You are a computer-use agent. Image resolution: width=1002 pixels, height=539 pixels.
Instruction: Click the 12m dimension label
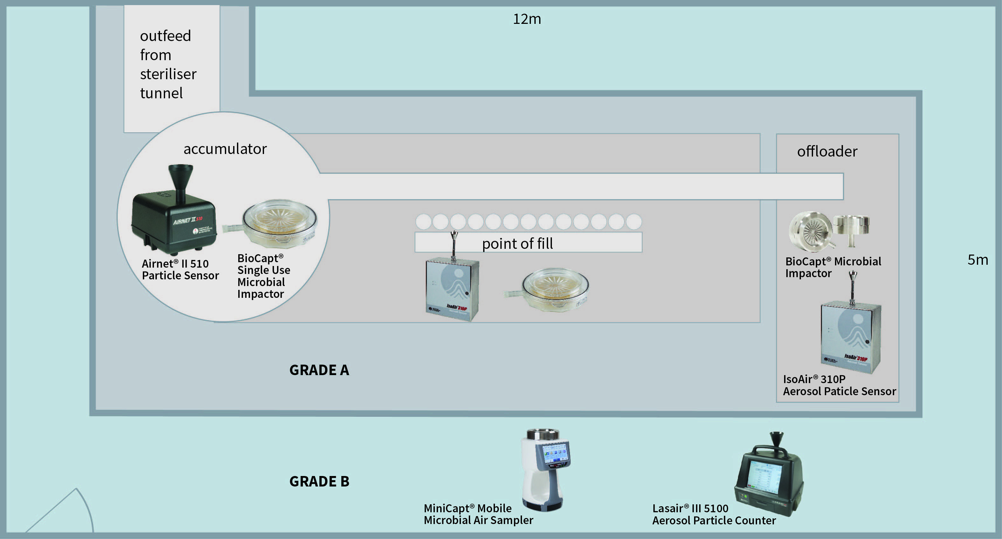tap(527, 19)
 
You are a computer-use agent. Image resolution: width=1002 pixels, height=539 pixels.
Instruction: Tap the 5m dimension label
tap(978, 260)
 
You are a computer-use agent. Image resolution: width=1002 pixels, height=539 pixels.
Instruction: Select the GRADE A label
tap(319, 370)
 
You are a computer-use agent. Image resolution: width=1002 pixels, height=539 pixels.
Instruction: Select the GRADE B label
tap(319, 481)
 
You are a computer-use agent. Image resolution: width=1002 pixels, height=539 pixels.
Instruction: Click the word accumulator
tap(225, 149)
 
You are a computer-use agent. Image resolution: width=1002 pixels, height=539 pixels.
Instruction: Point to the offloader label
tap(827, 151)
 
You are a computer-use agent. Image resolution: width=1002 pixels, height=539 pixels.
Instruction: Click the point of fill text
tap(517, 244)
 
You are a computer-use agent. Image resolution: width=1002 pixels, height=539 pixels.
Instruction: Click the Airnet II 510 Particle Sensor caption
tap(180, 269)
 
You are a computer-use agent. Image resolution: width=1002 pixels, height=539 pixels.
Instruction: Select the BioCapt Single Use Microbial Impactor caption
tap(264, 276)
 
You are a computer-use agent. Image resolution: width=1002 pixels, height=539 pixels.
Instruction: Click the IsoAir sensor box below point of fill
tap(452, 290)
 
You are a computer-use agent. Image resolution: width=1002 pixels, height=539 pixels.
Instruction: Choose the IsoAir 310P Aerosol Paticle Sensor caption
tap(839, 385)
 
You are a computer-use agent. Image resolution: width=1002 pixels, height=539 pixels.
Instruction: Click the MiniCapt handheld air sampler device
tap(545, 469)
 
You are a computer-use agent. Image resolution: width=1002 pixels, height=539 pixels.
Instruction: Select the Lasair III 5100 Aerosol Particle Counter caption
tap(713, 514)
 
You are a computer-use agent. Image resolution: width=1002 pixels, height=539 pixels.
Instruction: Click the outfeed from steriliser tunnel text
tap(168, 65)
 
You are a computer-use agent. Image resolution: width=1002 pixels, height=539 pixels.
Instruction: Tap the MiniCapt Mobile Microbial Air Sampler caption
tap(478, 514)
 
